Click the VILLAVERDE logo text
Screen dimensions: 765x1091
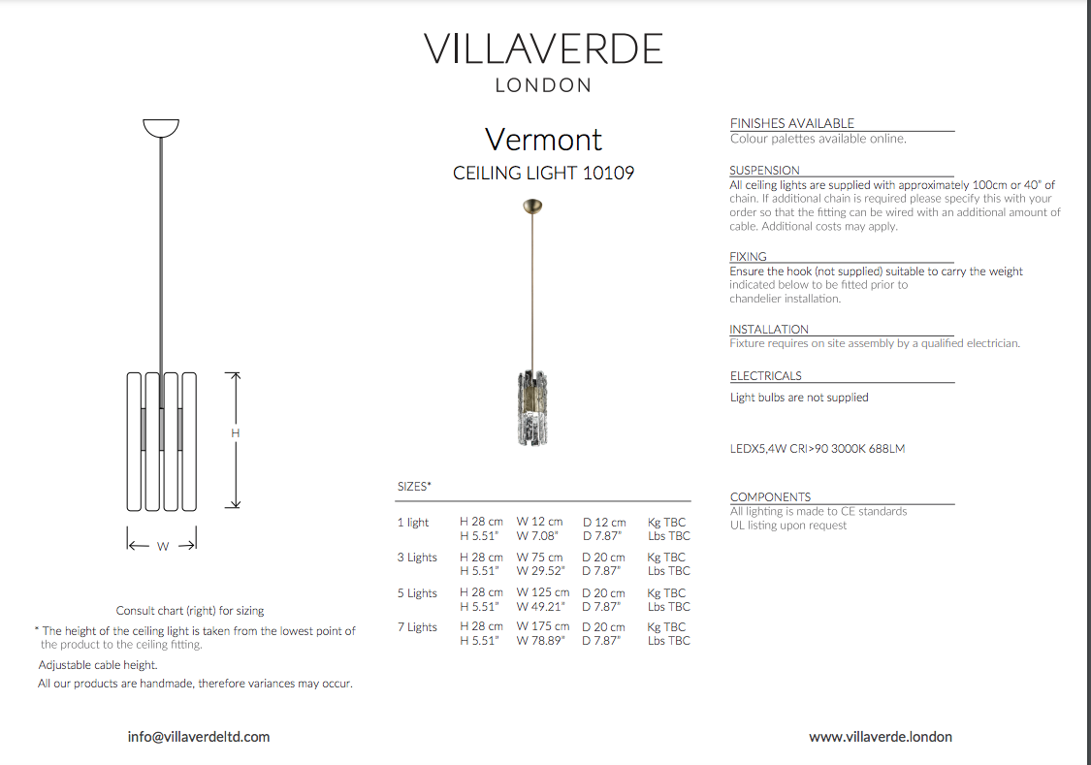point(543,48)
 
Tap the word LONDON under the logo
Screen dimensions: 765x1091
point(543,85)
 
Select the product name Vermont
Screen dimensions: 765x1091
point(543,140)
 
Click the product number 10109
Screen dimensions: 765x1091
point(608,174)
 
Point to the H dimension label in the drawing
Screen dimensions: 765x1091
point(235,433)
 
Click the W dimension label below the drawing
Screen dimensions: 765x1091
point(163,547)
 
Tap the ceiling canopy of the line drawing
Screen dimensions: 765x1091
point(161,127)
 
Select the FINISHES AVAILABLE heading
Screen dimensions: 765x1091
point(792,123)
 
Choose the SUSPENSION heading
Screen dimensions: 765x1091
point(765,171)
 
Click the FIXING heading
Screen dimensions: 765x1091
point(748,257)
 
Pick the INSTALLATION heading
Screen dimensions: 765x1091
point(769,330)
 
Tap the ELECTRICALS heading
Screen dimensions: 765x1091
point(766,376)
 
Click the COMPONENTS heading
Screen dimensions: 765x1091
point(771,497)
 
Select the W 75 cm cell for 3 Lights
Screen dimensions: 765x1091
point(539,558)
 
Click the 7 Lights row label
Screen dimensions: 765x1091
point(417,627)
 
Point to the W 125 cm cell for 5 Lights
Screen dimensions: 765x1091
point(542,592)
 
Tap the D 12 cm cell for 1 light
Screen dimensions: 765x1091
point(604,523)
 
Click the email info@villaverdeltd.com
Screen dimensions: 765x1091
point(199,737)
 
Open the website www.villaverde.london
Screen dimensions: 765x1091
point(881,737)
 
